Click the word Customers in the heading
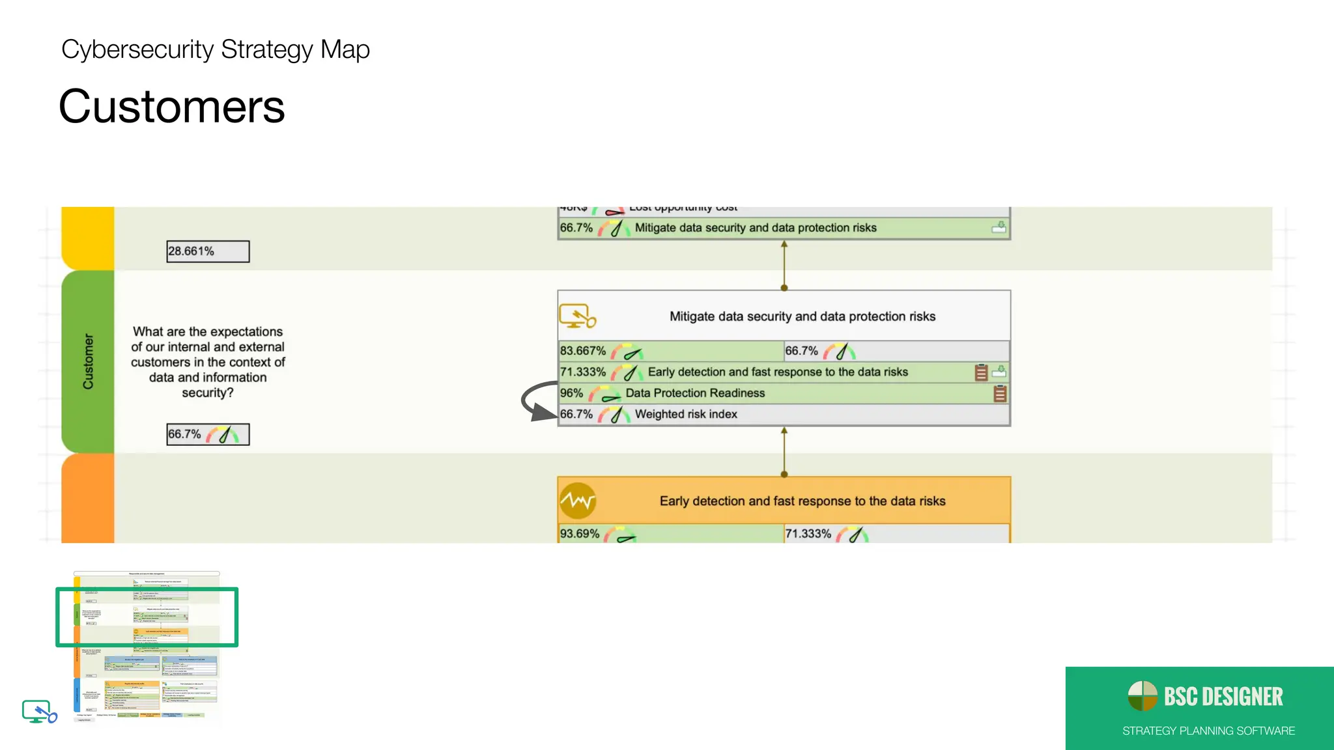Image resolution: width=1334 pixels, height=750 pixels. point(171,107)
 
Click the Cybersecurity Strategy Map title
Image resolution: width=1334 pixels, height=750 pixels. point(215,49)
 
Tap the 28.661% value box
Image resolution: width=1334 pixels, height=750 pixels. point(207,251)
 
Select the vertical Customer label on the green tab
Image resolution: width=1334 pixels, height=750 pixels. point(88,361)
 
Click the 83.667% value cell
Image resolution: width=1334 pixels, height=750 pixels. point(583,351)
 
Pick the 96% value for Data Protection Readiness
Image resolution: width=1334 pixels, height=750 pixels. point(571,393)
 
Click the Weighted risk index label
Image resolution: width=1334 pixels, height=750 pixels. point(685,414)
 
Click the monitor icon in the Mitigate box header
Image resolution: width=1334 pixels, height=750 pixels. point(576,316)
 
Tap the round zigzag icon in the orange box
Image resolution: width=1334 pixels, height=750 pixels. point(577,501)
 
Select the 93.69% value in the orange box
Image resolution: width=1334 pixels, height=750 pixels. point(580,534)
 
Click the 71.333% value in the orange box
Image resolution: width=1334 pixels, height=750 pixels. point(808,534)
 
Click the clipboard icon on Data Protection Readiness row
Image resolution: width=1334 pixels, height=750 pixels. point(1000,393)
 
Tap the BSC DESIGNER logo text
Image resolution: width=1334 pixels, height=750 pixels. point(1223,697)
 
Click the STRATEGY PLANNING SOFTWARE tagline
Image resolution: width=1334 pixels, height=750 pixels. point(1208,730)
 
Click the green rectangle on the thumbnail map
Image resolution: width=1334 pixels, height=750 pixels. point(147,590)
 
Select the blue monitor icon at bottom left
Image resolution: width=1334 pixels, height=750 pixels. point(38,711)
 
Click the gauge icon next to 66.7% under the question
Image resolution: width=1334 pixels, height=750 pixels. point(223,434)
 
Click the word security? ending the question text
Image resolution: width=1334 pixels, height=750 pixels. point(207,393)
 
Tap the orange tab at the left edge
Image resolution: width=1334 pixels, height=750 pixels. point(87,498)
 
